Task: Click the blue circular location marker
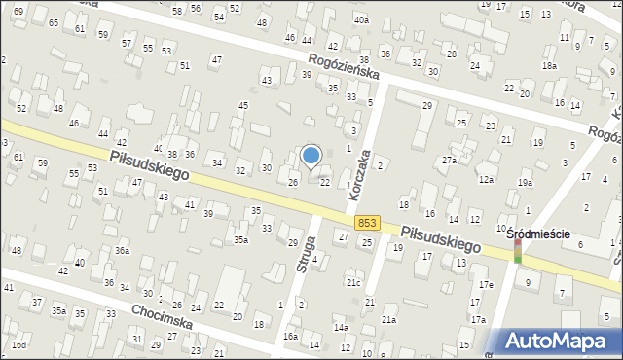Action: click(311, 155)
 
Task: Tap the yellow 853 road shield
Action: click(367, 223)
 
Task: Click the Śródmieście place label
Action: click(537, 234)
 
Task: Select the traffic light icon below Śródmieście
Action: click(518, 253)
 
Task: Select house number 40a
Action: click(361, 19)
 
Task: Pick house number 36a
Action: click(122, 250)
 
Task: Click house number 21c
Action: click(353, 282)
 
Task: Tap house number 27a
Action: click(449, 160)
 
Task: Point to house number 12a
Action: click(486, 179)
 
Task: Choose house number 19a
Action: click(526, 183)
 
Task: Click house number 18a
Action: click(549, 65)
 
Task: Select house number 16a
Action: click(290, 336)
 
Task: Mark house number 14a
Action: click(342, 328)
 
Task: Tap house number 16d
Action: click(18, 344)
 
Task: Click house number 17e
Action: click(485, 283)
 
